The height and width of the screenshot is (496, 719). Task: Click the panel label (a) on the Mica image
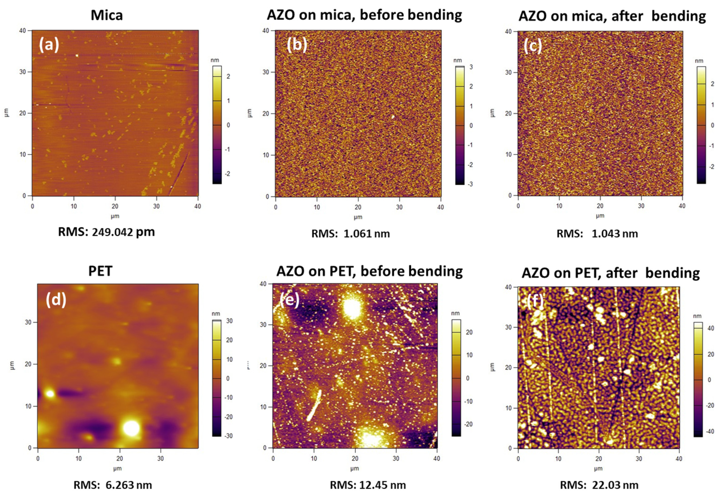pos(49,45)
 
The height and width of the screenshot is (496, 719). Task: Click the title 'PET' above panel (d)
pos(100,271)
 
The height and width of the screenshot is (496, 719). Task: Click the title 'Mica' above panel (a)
pos(107,15)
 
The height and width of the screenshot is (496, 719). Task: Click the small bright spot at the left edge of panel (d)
pos(50,394)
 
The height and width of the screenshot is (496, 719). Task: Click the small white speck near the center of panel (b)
pos(393,117)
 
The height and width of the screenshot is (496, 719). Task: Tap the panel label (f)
pos(535,301)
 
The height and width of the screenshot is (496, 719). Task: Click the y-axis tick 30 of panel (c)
pos(508,72)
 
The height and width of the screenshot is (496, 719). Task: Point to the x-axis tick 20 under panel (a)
pos(115,206)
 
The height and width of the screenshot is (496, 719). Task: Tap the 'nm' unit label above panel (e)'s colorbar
pos(455,313)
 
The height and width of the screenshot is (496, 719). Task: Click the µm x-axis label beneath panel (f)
pos(598,468)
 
